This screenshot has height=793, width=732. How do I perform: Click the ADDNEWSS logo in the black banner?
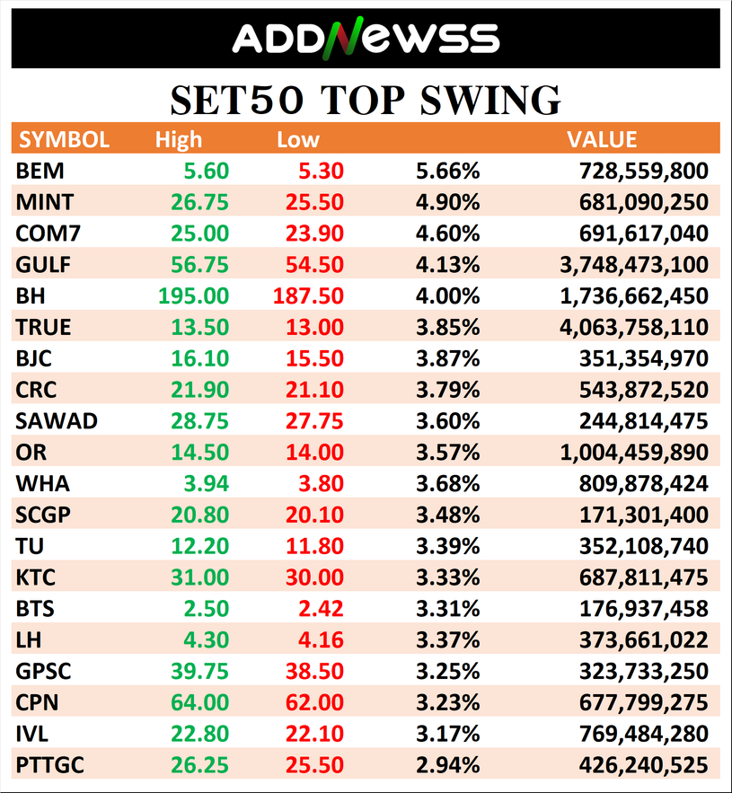click(365, 38)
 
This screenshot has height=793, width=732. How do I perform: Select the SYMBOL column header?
click(64, 139)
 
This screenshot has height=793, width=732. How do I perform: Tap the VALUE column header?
click(602, 139)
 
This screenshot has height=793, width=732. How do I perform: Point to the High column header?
click(179, 139)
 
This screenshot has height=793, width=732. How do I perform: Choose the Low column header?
click(297, 139)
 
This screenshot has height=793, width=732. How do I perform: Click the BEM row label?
click(40, 171)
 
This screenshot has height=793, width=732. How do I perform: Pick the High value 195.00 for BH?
click(193, 295)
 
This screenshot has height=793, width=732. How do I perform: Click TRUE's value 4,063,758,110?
click(633, 327)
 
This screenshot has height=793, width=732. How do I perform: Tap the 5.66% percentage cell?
click(447, 171)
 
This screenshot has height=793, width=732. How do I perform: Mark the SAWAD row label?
click(56, 421)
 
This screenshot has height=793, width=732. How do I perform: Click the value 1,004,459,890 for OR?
click(633, 453)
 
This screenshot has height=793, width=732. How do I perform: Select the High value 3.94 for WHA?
click(205, 484)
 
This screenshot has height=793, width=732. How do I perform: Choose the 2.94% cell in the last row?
click(447, 766)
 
